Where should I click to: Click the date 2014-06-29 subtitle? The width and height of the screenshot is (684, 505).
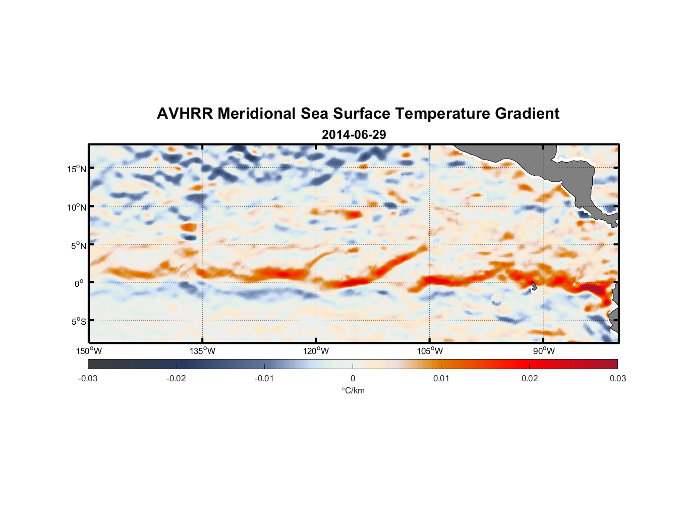[354, 135]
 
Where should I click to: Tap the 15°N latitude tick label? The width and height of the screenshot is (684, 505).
[76, 169]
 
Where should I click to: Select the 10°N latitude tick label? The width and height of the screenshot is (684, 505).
[76, 207]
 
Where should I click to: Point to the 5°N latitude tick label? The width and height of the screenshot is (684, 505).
[78, 245]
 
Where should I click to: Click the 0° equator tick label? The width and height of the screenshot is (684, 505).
[79, 284]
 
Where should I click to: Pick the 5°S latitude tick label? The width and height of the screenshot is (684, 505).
[78, 322]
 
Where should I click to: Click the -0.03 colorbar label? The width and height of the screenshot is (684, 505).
[88, 379]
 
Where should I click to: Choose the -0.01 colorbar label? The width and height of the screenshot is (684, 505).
[264, 379]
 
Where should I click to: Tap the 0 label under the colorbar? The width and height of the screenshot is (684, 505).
[353, 379]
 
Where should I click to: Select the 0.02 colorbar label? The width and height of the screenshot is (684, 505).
[530, 379]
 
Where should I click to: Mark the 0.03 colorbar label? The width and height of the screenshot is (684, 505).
[617, 379]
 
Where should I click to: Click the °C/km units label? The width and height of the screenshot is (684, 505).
[353, 391]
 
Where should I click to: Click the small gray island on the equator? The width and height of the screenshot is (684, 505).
[534, 286]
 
